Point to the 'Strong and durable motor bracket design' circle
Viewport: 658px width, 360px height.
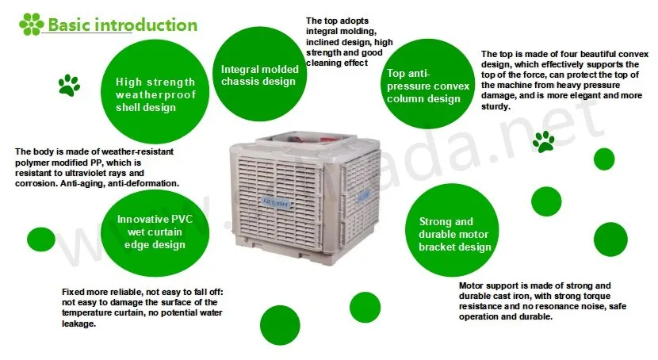tap(454, 233)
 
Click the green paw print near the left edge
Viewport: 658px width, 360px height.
tap(69, 85)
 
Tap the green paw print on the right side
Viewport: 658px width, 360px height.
tap(544, 142)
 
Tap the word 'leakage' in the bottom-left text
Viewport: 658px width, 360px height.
tap(78, 324)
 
